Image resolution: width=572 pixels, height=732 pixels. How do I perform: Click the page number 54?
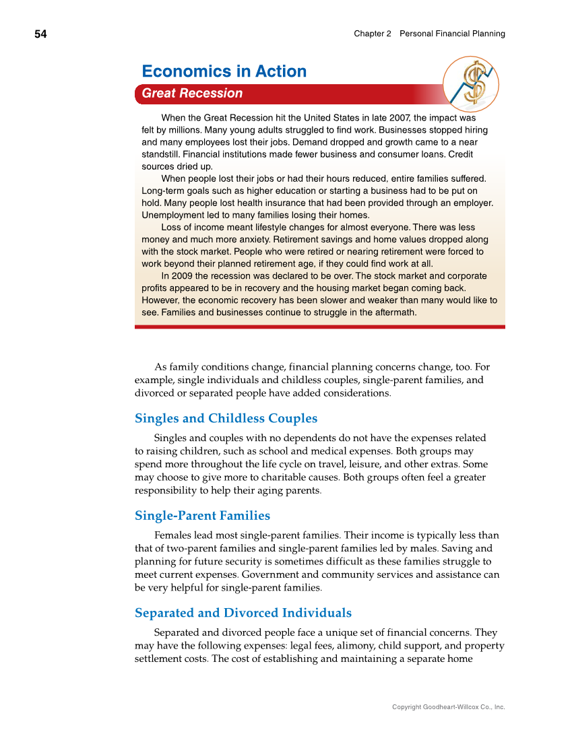[41, 34]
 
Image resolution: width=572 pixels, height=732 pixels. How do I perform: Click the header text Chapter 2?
[372, 34]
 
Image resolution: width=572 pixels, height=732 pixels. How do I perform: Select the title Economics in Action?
[224, 71]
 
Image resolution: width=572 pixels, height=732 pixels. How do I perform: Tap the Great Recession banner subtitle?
[192, 94]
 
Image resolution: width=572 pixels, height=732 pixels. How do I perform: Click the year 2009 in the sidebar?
[183, 276]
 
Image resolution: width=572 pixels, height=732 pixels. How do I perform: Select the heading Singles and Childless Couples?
[226, 418]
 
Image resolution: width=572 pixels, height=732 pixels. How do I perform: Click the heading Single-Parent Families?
[202, 516]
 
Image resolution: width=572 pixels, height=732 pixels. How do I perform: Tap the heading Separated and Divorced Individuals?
[243, 613]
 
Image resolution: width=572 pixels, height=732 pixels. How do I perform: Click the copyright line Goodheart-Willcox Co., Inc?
[448, 707]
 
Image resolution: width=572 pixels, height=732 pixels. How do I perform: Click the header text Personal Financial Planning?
[452, 34]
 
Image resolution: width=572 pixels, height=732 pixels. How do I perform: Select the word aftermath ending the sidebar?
[394, 312]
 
